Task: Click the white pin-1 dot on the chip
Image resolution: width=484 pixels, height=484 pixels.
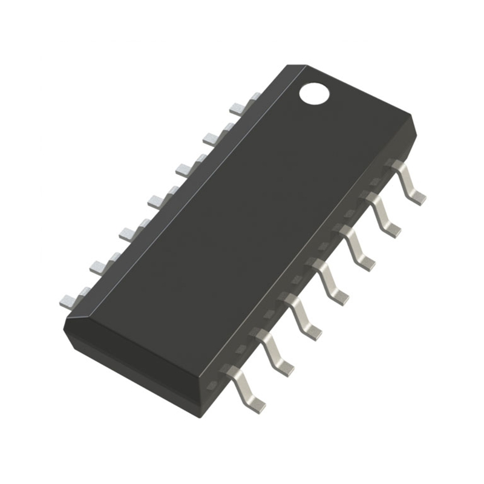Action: point(314,93)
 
